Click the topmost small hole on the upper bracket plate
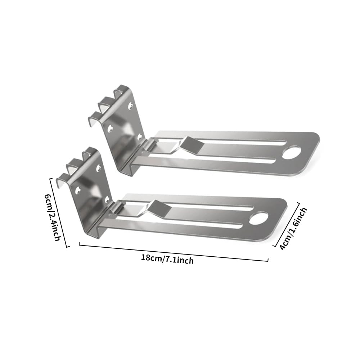[130, 105]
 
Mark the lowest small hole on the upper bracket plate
[140, 136]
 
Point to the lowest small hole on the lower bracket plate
[107, 198]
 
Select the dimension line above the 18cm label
[173, 253]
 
